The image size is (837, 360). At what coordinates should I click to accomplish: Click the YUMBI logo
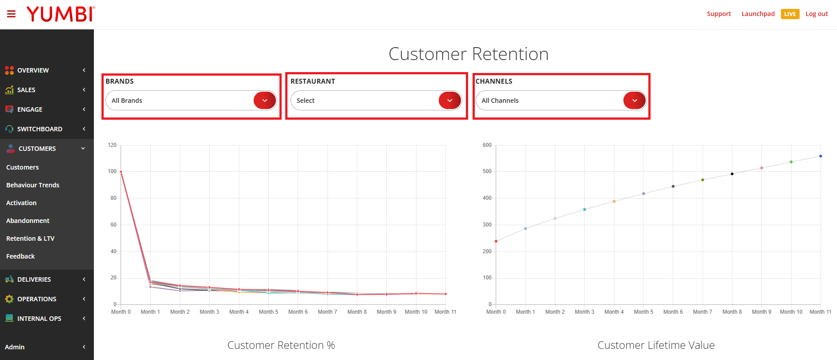pyautogui.click(x=61, y=14)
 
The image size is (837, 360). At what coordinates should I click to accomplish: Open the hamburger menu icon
pyautogui.click(x=12, y=14)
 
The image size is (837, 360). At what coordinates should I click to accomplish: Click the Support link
pyautogui.click(x=719, y=14)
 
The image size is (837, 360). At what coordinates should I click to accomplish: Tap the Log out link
pyautogui.click(x=817, y=14)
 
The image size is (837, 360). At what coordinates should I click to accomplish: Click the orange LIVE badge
pyautogui.click(x=790, y=14)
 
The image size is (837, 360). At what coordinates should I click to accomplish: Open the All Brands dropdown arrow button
pyautogui.click(x=265, y=101)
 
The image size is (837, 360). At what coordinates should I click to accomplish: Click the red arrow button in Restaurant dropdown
pyautogui.click(x=450, y=101)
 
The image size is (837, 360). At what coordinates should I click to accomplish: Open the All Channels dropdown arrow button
pyautogui.click(x=635, y=101)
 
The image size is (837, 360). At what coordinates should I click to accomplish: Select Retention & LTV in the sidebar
pyautogui.click(x=30, y=239)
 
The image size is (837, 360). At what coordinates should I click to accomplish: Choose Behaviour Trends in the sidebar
pyautogui.click(x=32, y=185)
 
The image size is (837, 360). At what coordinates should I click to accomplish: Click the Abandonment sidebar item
pyautogui.click(x=28, y=221)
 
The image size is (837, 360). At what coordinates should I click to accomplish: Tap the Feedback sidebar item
pyautogui.click(x=20, y=256)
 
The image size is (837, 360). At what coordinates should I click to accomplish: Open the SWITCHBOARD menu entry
pyautogui.click(x=40, y=129)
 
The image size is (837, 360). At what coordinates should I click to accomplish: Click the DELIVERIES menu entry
pyautogui.click(x=34, y=279)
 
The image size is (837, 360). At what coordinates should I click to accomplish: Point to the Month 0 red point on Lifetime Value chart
pyautogui.click(x=496, y=241)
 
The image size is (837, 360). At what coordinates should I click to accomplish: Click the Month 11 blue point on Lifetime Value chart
pyautogui.click(x=821, y=156)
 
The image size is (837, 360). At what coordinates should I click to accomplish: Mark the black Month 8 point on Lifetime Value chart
pyautogui.click(x=732, y=174)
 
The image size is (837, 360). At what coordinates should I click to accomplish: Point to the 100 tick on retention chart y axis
pyautogui.click(x=112, y=171)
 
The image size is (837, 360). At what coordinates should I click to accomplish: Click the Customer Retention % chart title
pyautogui.click(x=281, y=345)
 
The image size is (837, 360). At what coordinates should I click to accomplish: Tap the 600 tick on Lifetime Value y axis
pyautogui.click(x=487, y=145)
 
